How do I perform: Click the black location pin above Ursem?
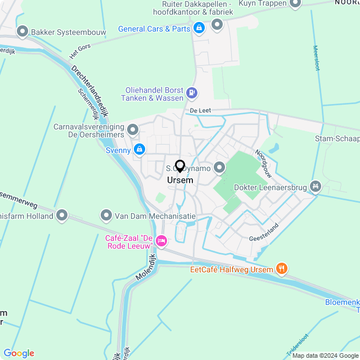coord(180,166)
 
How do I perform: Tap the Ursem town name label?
coord(180,181)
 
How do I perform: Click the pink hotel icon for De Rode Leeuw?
coord(161,241)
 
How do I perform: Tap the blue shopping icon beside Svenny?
coord(139,150)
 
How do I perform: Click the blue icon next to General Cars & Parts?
coord(199,28)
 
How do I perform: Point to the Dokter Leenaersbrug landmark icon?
coord(316,185)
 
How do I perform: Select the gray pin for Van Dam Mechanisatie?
coord(106,215)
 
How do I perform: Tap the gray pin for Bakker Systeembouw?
coord(22,31)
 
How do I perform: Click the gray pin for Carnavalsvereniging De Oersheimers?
coord(133,131)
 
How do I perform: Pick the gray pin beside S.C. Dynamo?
coord(219,167)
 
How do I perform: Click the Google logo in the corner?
coord(19,353)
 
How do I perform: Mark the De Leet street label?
coord(200,111)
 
